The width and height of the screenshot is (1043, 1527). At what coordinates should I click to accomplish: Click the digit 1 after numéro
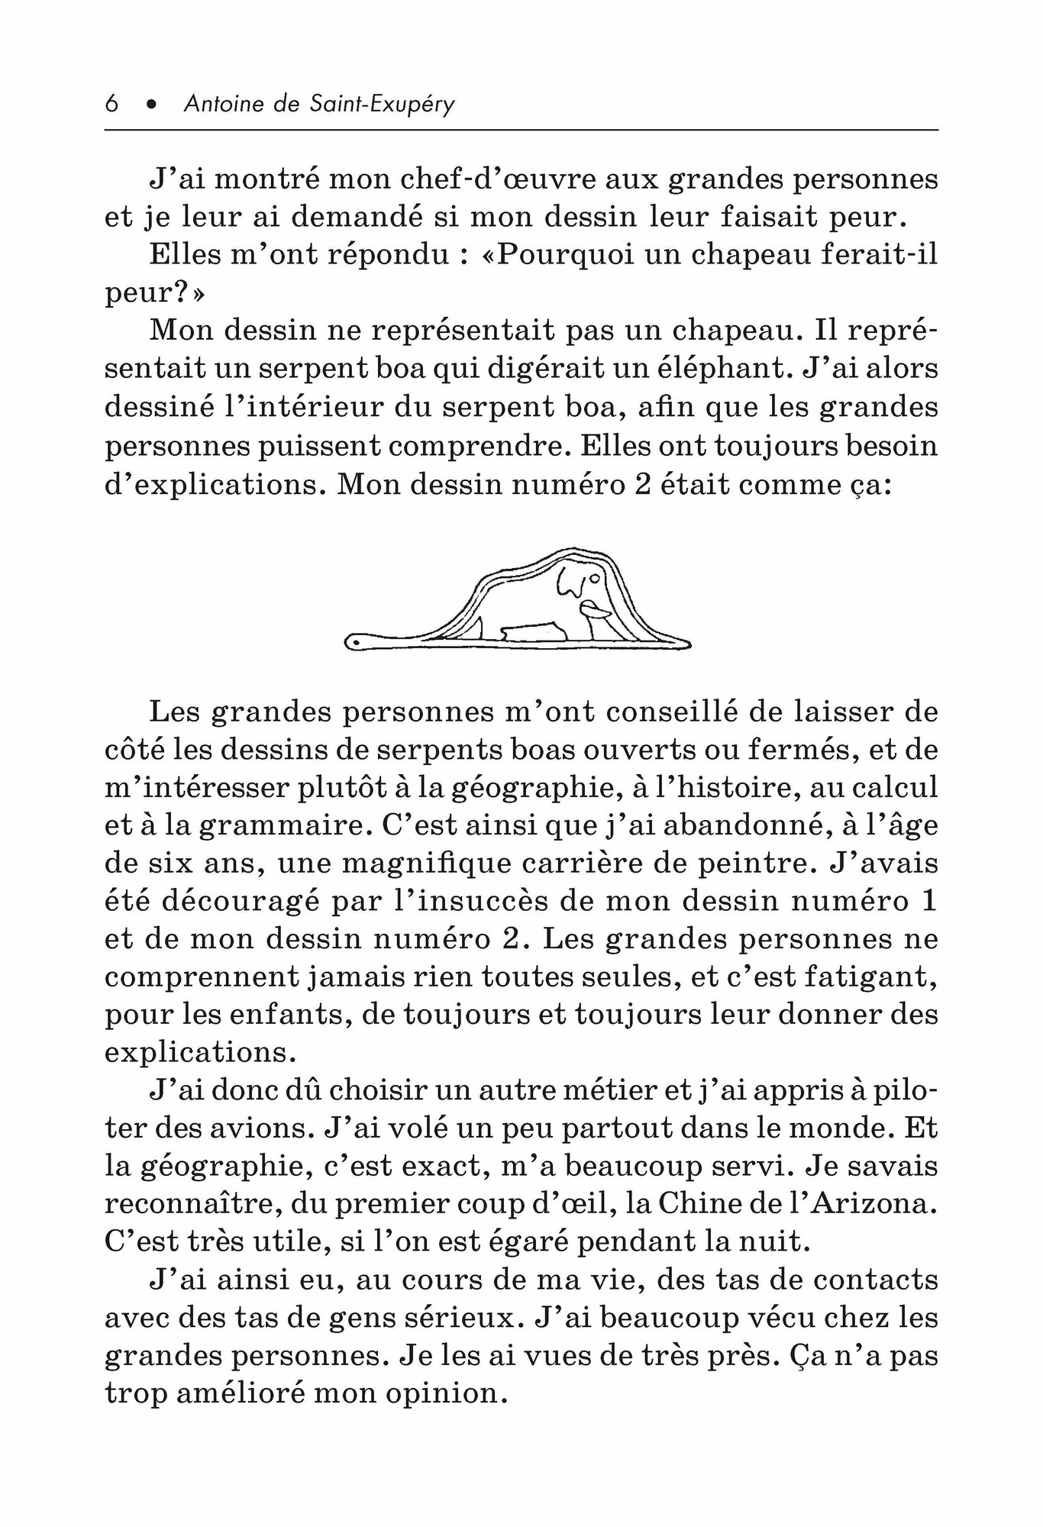[928, 901]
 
